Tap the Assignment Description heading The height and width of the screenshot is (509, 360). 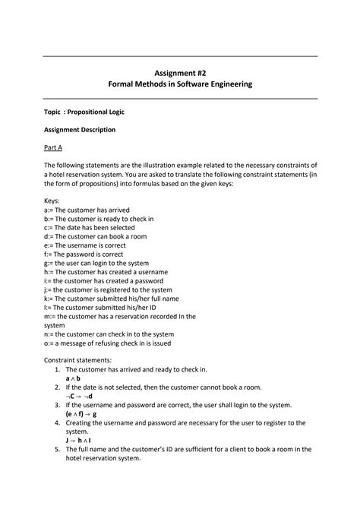pos(79,129)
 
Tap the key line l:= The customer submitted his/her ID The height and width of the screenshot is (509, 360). pos(99,307)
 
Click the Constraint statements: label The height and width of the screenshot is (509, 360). pos(77,360)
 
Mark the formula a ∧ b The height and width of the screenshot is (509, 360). pos(74,378)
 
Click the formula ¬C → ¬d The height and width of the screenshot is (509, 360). pos(79,396)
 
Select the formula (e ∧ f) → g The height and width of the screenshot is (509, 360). pos(81,414)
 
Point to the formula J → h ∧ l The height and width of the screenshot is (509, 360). pos(79,440)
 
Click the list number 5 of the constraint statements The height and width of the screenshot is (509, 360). pos(58,449)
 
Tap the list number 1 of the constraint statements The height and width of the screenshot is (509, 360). pos(58,369)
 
